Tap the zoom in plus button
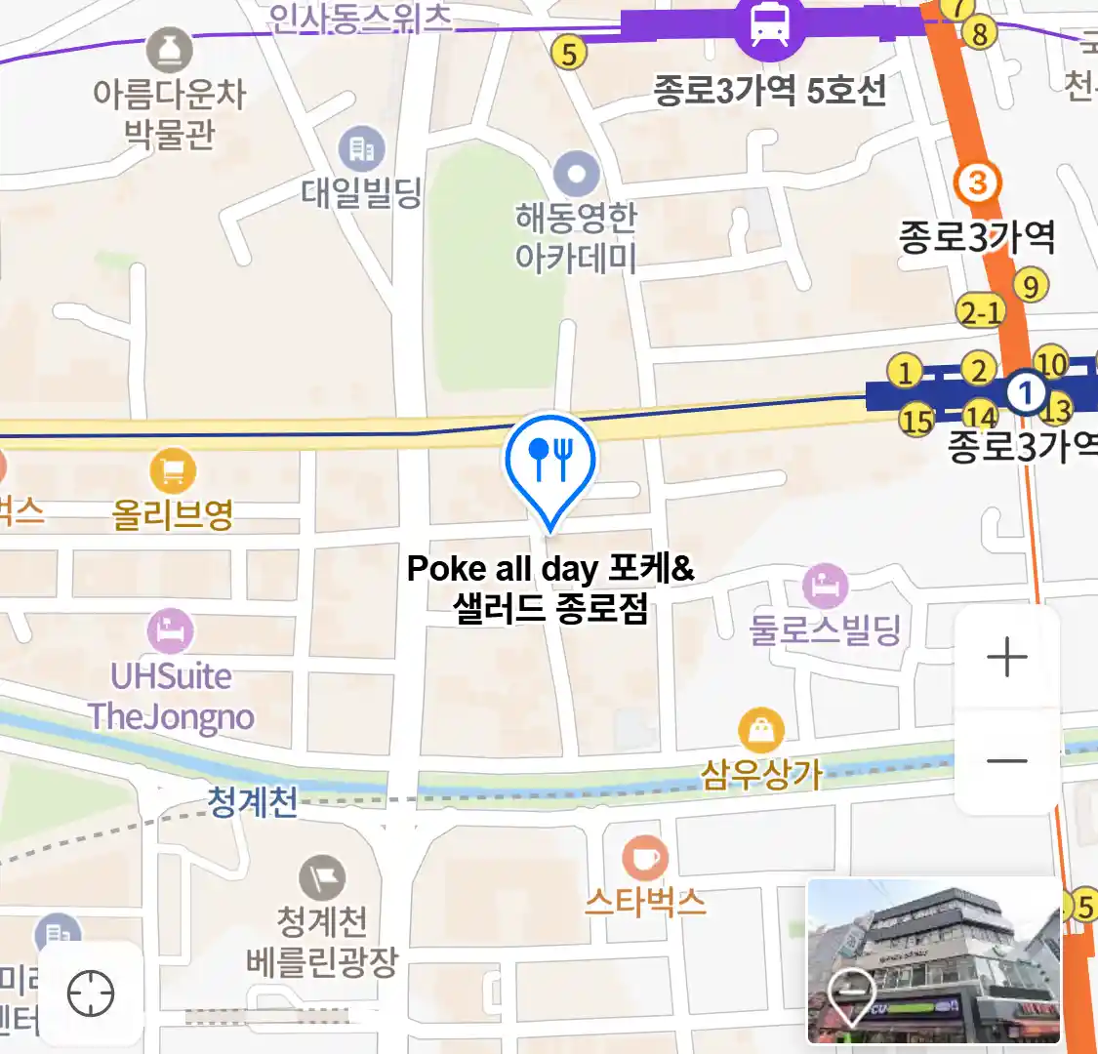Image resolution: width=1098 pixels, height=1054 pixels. [x=1007, y=658]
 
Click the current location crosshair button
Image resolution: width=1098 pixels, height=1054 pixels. [x=91, y=994]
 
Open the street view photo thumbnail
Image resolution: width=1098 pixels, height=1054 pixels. [x=933, y=960]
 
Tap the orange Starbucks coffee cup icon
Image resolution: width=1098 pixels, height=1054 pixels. [x=645, y=859]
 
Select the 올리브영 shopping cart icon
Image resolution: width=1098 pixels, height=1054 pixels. [x=173, y=473]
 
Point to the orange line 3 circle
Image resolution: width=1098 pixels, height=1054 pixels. [x=977, y=182]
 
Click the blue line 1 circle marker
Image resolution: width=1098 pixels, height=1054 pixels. [x=1026, y=393]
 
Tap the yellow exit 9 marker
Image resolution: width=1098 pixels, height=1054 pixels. [x=1030, y=286]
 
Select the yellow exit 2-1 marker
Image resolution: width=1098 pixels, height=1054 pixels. [x=981, y=312]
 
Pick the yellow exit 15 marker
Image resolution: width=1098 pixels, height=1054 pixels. [x=916, y=421]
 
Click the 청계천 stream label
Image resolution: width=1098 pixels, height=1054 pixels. [x=252, y=801]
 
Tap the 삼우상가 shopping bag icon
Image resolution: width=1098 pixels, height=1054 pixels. [x=761, y=729]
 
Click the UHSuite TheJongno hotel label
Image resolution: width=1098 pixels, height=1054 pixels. [x=172, y=696]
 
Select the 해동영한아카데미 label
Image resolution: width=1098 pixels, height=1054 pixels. [x=576, y=237]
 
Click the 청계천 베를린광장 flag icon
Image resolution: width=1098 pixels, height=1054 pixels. [x=322, y=877]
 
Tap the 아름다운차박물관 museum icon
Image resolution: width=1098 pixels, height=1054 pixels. [x=170, y=49]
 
